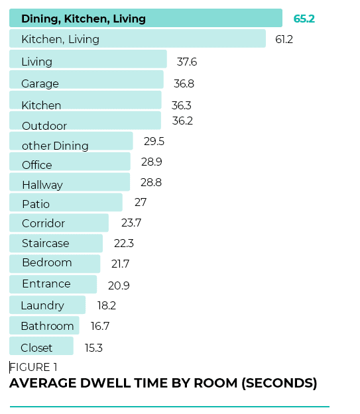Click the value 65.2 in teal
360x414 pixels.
pyautogui.click(x=304, y=19)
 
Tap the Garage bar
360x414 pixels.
pyautogui.click(x=86, y=80)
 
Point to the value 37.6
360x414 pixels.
pyautogui.click(x=187, y=62)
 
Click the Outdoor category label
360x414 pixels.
pyautogui.click(x=44, y=126)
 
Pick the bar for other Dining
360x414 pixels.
pyautogui.click(x=71, y=141)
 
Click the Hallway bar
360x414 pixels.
pyautogui.click(x=70, y=182)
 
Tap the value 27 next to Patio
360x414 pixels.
pyautogui.click(x=141, y=202)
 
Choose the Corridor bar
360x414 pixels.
pyautogui.click(x=59, y=222)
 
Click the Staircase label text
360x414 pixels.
pyautogui.click(x=45, y=243)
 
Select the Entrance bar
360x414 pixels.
pyautogui.click(x=53, y=284)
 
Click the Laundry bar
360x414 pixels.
pyautogui.click(x=47, y=305)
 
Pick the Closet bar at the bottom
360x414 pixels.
pyautogui.click(x=41, y=346)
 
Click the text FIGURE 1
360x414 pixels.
pyautogui.click(x=34, y=367)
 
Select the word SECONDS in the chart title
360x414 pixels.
pyautogui.click(x=278, y=383)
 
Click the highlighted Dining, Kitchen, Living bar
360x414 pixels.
pyautogui.click(x=145, y=18)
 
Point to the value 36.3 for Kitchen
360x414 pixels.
pyautogui.click(x=182, y=104)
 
